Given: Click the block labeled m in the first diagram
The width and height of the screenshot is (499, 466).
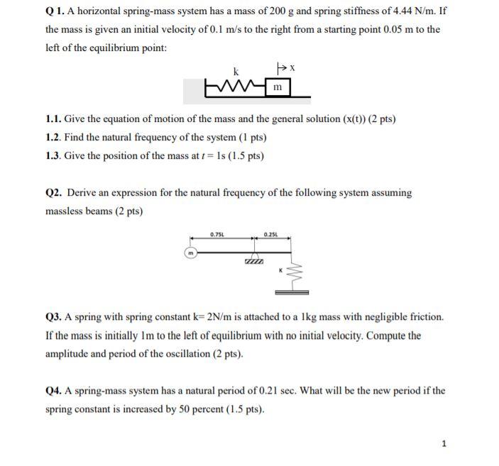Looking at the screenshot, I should click(278, 87).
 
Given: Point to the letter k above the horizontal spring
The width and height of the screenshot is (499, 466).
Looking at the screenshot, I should click(235, 71).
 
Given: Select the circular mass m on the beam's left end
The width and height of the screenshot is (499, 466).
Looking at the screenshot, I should click(190, 253).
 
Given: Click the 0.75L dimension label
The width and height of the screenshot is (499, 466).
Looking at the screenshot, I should click(217, 234).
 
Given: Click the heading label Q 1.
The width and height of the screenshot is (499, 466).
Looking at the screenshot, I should click(54, 11).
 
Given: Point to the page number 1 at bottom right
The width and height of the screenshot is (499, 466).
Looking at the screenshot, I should click(444, 443).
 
